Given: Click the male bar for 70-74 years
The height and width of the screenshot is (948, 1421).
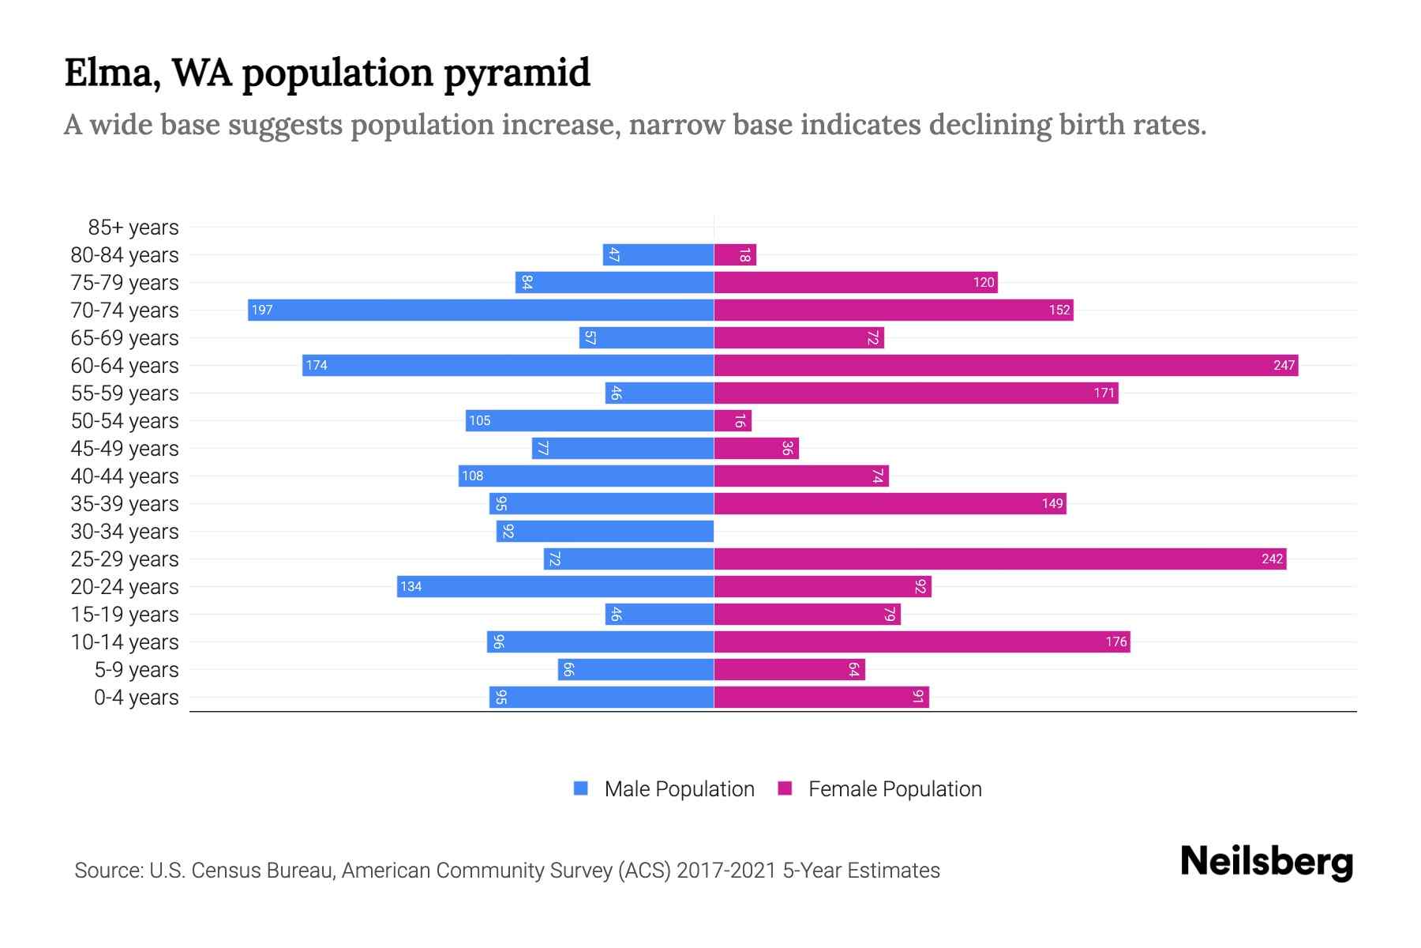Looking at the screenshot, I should point(481,310).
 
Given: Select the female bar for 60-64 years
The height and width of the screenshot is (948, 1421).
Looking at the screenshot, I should point(1006,365).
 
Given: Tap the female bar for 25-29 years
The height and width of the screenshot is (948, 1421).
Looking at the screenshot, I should point(1000,559).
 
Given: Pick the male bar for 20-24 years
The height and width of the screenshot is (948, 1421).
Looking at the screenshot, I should point(555,586).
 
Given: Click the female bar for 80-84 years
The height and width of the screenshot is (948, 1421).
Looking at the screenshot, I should point(735,254).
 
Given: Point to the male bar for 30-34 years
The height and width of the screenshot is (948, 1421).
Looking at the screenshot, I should point(605,531).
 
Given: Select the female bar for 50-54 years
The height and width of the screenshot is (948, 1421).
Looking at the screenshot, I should point(733,420).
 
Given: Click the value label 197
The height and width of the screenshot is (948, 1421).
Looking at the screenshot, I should point(262,310).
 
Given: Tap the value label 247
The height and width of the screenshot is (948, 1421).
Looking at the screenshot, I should point(1284,365).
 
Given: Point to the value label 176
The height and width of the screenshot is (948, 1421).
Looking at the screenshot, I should point(1116,641).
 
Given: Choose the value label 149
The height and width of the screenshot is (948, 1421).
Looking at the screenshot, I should point(1052,503).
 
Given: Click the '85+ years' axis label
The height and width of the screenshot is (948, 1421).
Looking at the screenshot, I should point(133,228).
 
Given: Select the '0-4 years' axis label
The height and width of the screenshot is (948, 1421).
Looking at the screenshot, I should point(136,698).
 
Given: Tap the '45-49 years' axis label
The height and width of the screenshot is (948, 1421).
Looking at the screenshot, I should point(125,449).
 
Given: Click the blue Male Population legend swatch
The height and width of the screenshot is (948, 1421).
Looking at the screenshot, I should point(581,788).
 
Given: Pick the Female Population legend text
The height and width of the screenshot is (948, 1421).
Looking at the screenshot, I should point(894,788).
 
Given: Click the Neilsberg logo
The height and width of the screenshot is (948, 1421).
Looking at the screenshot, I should point(1266,862).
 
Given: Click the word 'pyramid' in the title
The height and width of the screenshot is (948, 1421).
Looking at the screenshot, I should point(516,73).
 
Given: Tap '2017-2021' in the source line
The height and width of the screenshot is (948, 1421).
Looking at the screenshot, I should point(726,871).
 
